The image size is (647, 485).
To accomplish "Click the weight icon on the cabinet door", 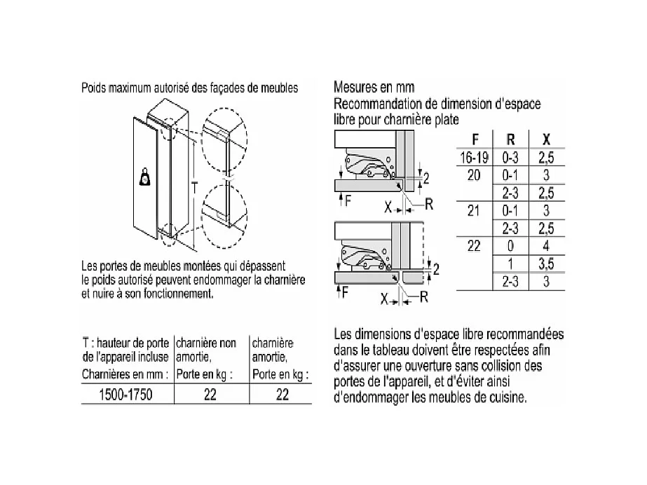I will [x=145, y=177].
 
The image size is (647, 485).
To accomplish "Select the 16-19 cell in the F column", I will [x=474, y=158].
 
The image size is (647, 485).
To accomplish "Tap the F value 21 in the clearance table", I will [x=474, y=210].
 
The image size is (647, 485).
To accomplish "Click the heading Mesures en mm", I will [x=374, y=88].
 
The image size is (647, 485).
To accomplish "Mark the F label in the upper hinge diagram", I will [x=346, y=200].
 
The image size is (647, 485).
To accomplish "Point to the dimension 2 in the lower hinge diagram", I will [x=437, y=269].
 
